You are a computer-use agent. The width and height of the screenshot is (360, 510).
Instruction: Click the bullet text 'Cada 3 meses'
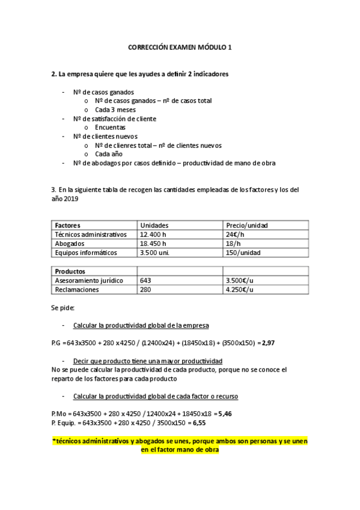coord(115,110)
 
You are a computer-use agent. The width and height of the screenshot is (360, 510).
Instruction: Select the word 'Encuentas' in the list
coord(110,127)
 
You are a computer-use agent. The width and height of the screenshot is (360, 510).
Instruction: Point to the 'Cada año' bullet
coord(108,154)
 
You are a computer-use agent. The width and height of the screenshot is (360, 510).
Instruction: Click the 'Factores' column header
coord(67,225)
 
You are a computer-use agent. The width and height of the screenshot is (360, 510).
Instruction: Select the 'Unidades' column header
coord(154,225)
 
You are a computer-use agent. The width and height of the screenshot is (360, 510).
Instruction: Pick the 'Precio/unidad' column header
coord(246,225)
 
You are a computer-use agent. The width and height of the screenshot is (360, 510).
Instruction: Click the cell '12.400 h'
coord(154,234)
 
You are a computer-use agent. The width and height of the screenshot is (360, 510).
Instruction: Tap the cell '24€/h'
coord(235,234)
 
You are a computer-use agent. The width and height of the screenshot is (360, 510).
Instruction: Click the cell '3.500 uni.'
coord(155,253)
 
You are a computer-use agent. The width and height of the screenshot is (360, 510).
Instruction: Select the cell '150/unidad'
coord(243,253)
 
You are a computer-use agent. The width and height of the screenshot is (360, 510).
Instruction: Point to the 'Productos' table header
coord(70,271)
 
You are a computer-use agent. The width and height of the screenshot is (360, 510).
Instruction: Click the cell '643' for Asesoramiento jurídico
coord(145,280)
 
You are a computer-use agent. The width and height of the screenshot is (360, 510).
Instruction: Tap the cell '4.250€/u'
coord(239,289)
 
